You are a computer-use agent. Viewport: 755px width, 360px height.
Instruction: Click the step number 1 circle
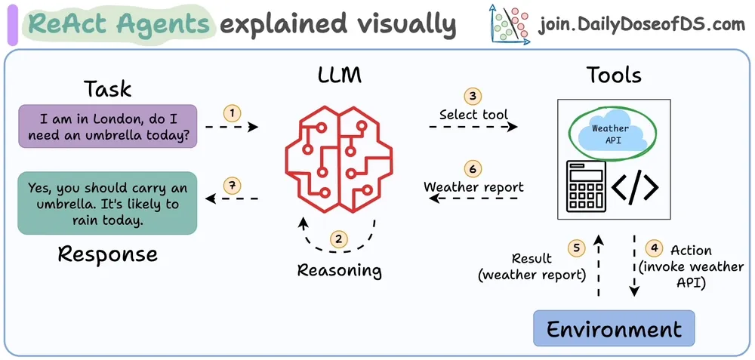coord(232,113)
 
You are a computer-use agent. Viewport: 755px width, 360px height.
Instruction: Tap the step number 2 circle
coord(339,238)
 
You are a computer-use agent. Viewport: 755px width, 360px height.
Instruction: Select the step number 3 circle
coord(473,96)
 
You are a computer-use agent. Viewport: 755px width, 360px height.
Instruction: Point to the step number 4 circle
coord(654,248)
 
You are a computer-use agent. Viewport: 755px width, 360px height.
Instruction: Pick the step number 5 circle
coord(576,248)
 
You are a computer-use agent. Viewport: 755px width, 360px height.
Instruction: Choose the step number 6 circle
coord(473,168)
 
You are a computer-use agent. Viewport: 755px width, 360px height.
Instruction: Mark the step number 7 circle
coord(232,186)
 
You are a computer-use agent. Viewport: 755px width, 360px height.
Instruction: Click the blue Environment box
coord(614,328)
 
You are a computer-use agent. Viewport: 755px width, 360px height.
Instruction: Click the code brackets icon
coord(636,187)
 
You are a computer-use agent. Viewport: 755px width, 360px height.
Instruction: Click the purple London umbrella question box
coord(108,126)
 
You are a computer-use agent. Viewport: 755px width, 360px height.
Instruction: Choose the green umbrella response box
coord(107,203)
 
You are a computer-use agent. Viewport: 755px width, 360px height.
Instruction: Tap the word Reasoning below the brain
coord(340,269)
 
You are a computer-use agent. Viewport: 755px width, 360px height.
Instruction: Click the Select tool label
coord(474,115)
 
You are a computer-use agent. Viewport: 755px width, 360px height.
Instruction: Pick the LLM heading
coord(340,75)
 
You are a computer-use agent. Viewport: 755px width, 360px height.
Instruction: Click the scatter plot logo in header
coord(510,23)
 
